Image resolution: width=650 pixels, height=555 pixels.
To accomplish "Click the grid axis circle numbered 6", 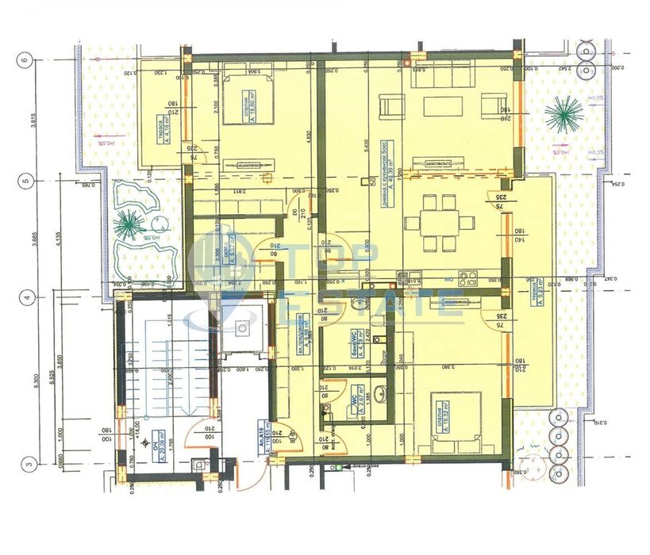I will click(25, 59).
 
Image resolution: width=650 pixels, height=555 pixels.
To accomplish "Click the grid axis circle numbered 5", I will click(25, 180).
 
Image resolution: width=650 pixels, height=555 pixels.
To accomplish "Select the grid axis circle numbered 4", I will click(25, 298).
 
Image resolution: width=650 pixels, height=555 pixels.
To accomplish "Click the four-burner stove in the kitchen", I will click(466, 279).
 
